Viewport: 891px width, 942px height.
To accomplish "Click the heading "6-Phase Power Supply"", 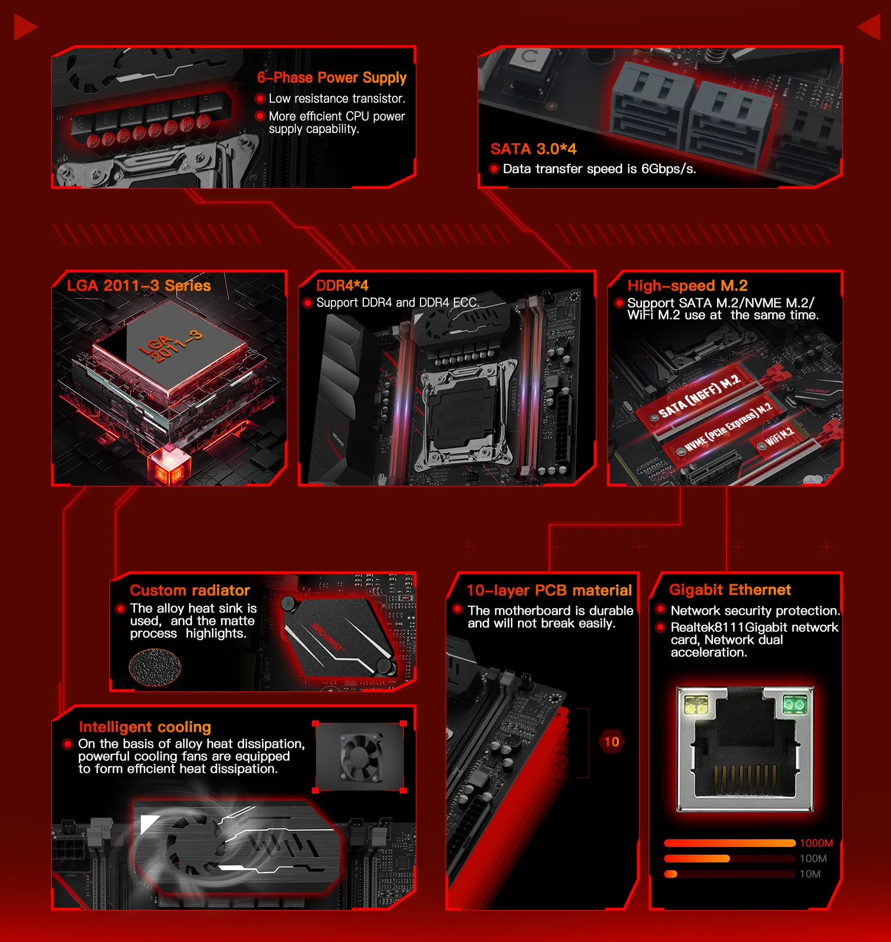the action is tap(331, 78).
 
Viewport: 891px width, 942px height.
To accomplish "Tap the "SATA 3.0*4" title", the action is tap(533, 149).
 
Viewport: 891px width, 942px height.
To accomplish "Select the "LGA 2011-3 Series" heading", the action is tap(139, 286).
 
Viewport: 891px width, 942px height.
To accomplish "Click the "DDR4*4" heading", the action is tap(342, 286).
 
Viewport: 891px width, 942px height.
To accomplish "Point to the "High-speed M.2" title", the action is tap(687, 286).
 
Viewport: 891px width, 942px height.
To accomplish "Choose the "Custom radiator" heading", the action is tap(190, 590).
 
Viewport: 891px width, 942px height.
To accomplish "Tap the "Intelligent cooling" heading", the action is tap(145, 727).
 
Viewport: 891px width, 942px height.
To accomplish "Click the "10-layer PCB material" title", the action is tap(549, 590).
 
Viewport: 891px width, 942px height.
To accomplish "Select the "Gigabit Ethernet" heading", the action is tap(730, 590).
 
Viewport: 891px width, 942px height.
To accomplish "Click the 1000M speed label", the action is tap(816, 843).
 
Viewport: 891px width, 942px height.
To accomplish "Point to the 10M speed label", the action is tap(810, 874).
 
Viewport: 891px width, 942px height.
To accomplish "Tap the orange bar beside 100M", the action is tap(697, 858).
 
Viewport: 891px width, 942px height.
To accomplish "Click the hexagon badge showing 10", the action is tap(612, 742).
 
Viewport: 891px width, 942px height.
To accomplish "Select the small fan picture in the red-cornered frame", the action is tap(359, 757).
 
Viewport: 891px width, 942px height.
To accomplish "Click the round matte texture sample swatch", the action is tap(155, 668).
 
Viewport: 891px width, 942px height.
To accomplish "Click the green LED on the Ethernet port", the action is tap(794, 705).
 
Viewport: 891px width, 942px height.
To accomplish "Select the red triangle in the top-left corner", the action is tap(24, 28).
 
